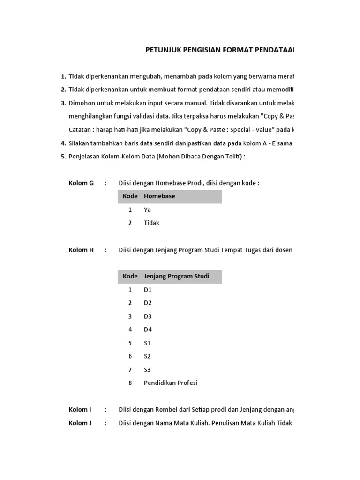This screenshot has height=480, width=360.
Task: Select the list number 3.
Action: (63, 103)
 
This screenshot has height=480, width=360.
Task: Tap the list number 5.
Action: (63, 157)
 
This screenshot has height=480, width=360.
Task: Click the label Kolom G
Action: (81, 183)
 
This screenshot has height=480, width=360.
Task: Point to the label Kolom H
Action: (81, 250)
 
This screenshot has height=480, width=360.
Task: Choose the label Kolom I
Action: (80, 409)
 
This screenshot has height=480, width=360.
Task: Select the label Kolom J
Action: (80, 423)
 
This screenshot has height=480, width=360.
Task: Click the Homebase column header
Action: (159, 196)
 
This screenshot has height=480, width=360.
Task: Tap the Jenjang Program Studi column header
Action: (176, 276)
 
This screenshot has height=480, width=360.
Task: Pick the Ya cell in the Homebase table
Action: (148, 210)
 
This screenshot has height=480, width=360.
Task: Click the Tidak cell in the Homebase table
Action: (151, 223)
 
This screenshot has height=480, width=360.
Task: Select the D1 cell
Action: (148, 290)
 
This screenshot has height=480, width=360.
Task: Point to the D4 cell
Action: (148, 330)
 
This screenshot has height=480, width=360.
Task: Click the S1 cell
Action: (148, 343)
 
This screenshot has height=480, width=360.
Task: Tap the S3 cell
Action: (148, 369)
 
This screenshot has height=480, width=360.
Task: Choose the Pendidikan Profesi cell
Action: (171, 382)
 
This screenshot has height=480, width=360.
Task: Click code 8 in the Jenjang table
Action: (130, 382)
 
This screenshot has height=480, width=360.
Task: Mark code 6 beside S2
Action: (130, 356)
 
